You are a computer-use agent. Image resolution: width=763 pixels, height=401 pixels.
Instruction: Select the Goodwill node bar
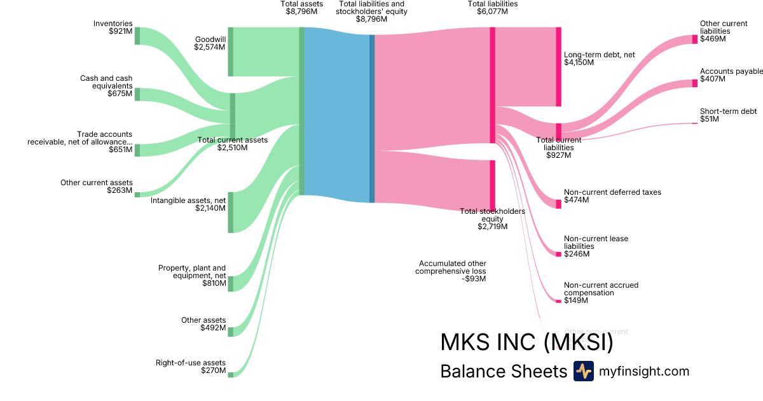tap(231, 52)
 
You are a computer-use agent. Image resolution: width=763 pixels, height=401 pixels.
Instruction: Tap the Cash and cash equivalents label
tap(106, 86)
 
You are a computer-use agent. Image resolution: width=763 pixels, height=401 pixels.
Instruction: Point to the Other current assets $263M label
tap(97, 186)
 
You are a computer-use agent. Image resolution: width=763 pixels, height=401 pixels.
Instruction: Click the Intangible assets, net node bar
tap(231, 212)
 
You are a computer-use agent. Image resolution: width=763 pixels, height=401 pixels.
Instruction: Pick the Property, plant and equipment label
tap(192, 276)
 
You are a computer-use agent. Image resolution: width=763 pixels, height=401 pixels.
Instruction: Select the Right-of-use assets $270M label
tap(191, 367)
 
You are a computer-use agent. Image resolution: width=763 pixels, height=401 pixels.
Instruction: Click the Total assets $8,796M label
tap(302, 8)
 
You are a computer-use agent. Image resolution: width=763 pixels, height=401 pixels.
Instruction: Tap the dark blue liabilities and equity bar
tap(372, 118)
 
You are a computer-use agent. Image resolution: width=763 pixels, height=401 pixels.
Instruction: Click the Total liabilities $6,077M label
tap(493, 8)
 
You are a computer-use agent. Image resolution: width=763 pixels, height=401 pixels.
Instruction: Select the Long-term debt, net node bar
tap(559, 67)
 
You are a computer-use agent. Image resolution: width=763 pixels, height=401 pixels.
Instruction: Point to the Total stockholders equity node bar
tap(492, 185)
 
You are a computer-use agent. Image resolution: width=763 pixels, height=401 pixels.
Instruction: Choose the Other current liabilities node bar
tap(694, 39)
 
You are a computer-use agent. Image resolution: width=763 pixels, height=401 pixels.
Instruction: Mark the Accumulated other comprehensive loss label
tap(452, 271)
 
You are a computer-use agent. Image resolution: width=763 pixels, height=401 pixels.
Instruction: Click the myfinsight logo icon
tap(583, 371)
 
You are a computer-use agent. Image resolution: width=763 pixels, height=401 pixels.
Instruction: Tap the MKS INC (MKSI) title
tap(526, 342)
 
